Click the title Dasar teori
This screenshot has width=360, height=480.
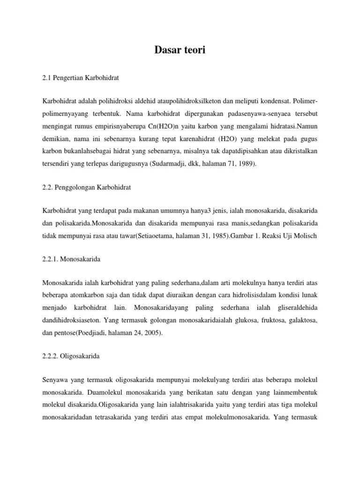coord(180,50)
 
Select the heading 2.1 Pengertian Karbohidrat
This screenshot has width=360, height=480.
coord(80,78)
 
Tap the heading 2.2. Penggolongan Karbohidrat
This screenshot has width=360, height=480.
coord(86,187)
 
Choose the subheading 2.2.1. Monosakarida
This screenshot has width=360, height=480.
coord(71,258)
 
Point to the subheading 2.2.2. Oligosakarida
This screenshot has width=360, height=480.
coord(71,356)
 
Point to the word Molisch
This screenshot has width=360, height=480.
coord(305,235)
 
